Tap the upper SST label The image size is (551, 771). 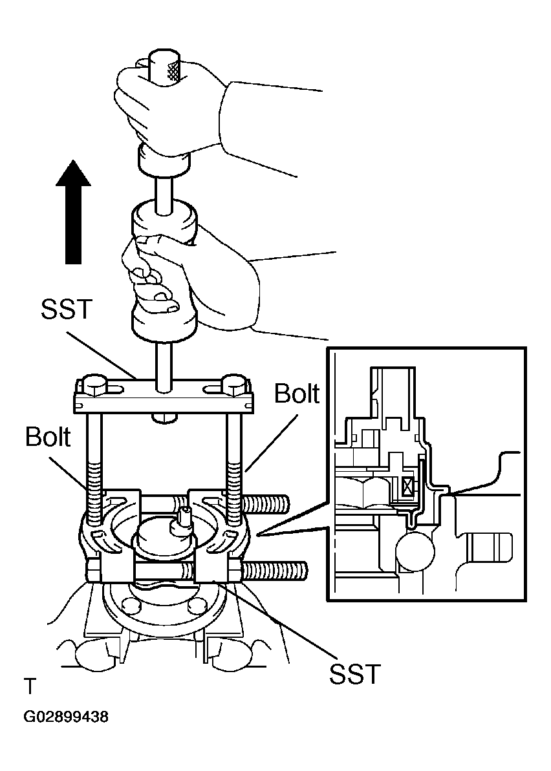(67, 308)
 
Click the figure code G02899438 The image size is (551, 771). (66, 717)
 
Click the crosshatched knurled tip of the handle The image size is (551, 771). (173, 70)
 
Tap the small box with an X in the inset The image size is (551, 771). (407, 489)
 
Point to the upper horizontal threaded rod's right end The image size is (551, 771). (285, 503)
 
